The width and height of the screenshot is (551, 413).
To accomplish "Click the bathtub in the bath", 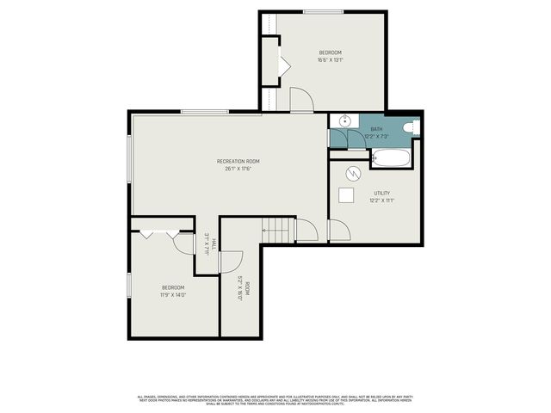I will [x=392, y=157].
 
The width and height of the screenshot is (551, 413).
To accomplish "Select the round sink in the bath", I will [x=344, y=121].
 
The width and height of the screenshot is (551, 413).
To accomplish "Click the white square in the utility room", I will [x=347, y=195].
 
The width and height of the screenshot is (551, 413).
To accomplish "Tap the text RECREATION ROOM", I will [x=238, y=161].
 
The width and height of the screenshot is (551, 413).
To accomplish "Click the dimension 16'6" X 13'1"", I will [x=330, y=60].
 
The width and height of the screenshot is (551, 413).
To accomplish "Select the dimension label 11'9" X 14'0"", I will [x=173, y=295].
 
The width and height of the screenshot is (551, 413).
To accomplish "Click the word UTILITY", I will [x=382, y=193].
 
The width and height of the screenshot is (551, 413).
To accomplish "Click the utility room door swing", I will [x=338, y=231].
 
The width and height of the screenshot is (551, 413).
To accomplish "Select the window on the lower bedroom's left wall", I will [x=129, y=283].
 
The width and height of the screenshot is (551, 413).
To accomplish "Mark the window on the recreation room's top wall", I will [x=204, y=111].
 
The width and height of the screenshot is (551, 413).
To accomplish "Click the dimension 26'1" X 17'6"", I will [x=238, y=169].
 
